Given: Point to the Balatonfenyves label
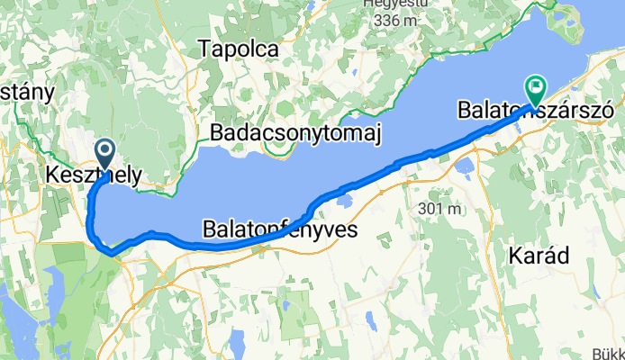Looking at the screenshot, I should (280, 229).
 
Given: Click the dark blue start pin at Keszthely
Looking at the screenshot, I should (104, 153).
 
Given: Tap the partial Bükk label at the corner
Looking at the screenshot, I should (609, 353).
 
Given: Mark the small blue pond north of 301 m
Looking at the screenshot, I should (465, 166).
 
